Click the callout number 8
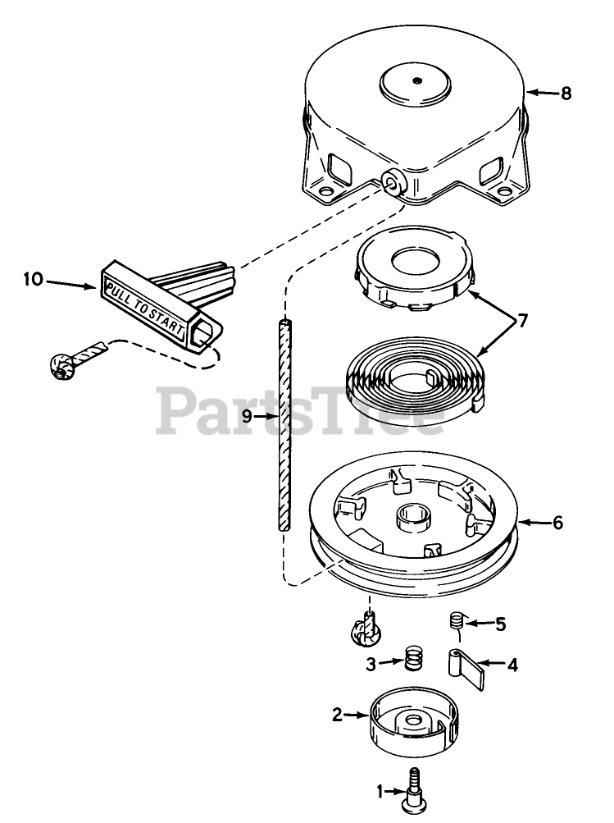[x=565, y=93]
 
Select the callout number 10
[x=33, y=280]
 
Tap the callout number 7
[x=521, y=319]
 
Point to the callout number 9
[x=248, y=416]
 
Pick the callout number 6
[x=557, y=522]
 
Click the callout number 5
[x=500, y=624]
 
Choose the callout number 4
[x=513, y=665]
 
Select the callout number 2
[x=337, y=715]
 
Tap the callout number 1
[x=379, y=792]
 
